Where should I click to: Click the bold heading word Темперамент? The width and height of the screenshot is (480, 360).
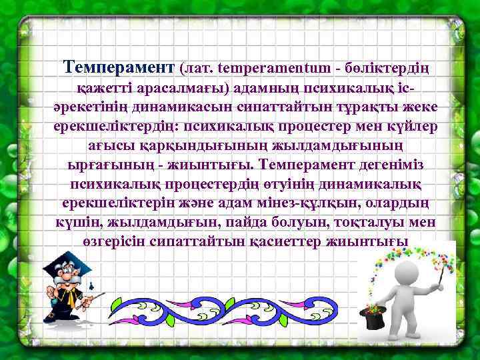click(119, 67)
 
